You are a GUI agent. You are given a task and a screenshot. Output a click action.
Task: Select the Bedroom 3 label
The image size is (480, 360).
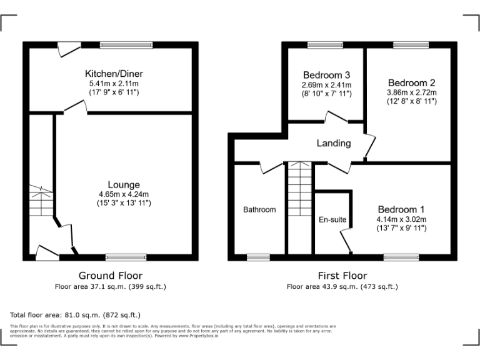pos(326,75)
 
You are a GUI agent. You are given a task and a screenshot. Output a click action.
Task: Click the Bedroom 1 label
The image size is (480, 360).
pos(401,209)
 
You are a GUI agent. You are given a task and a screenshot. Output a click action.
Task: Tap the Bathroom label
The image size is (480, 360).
pos(259,210)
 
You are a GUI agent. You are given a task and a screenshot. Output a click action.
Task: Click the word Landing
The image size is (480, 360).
pos(333,143)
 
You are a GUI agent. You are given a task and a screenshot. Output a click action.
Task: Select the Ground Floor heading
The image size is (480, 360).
pos(111,276)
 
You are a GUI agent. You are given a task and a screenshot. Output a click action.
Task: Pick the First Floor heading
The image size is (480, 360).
pos(342,276)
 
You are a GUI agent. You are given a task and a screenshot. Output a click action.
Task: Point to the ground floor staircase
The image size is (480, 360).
pos(41,200)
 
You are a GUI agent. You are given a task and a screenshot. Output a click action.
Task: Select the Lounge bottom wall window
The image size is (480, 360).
pos(126,256)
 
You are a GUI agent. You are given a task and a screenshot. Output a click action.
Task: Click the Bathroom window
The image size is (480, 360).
pos(258,256)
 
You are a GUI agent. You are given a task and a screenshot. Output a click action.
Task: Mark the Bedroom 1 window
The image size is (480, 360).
pos(401,256)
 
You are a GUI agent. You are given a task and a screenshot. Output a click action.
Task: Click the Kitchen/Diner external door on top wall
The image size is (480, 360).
pos(67,47)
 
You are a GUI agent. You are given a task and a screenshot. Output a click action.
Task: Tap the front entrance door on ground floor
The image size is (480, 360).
pos(47,252)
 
